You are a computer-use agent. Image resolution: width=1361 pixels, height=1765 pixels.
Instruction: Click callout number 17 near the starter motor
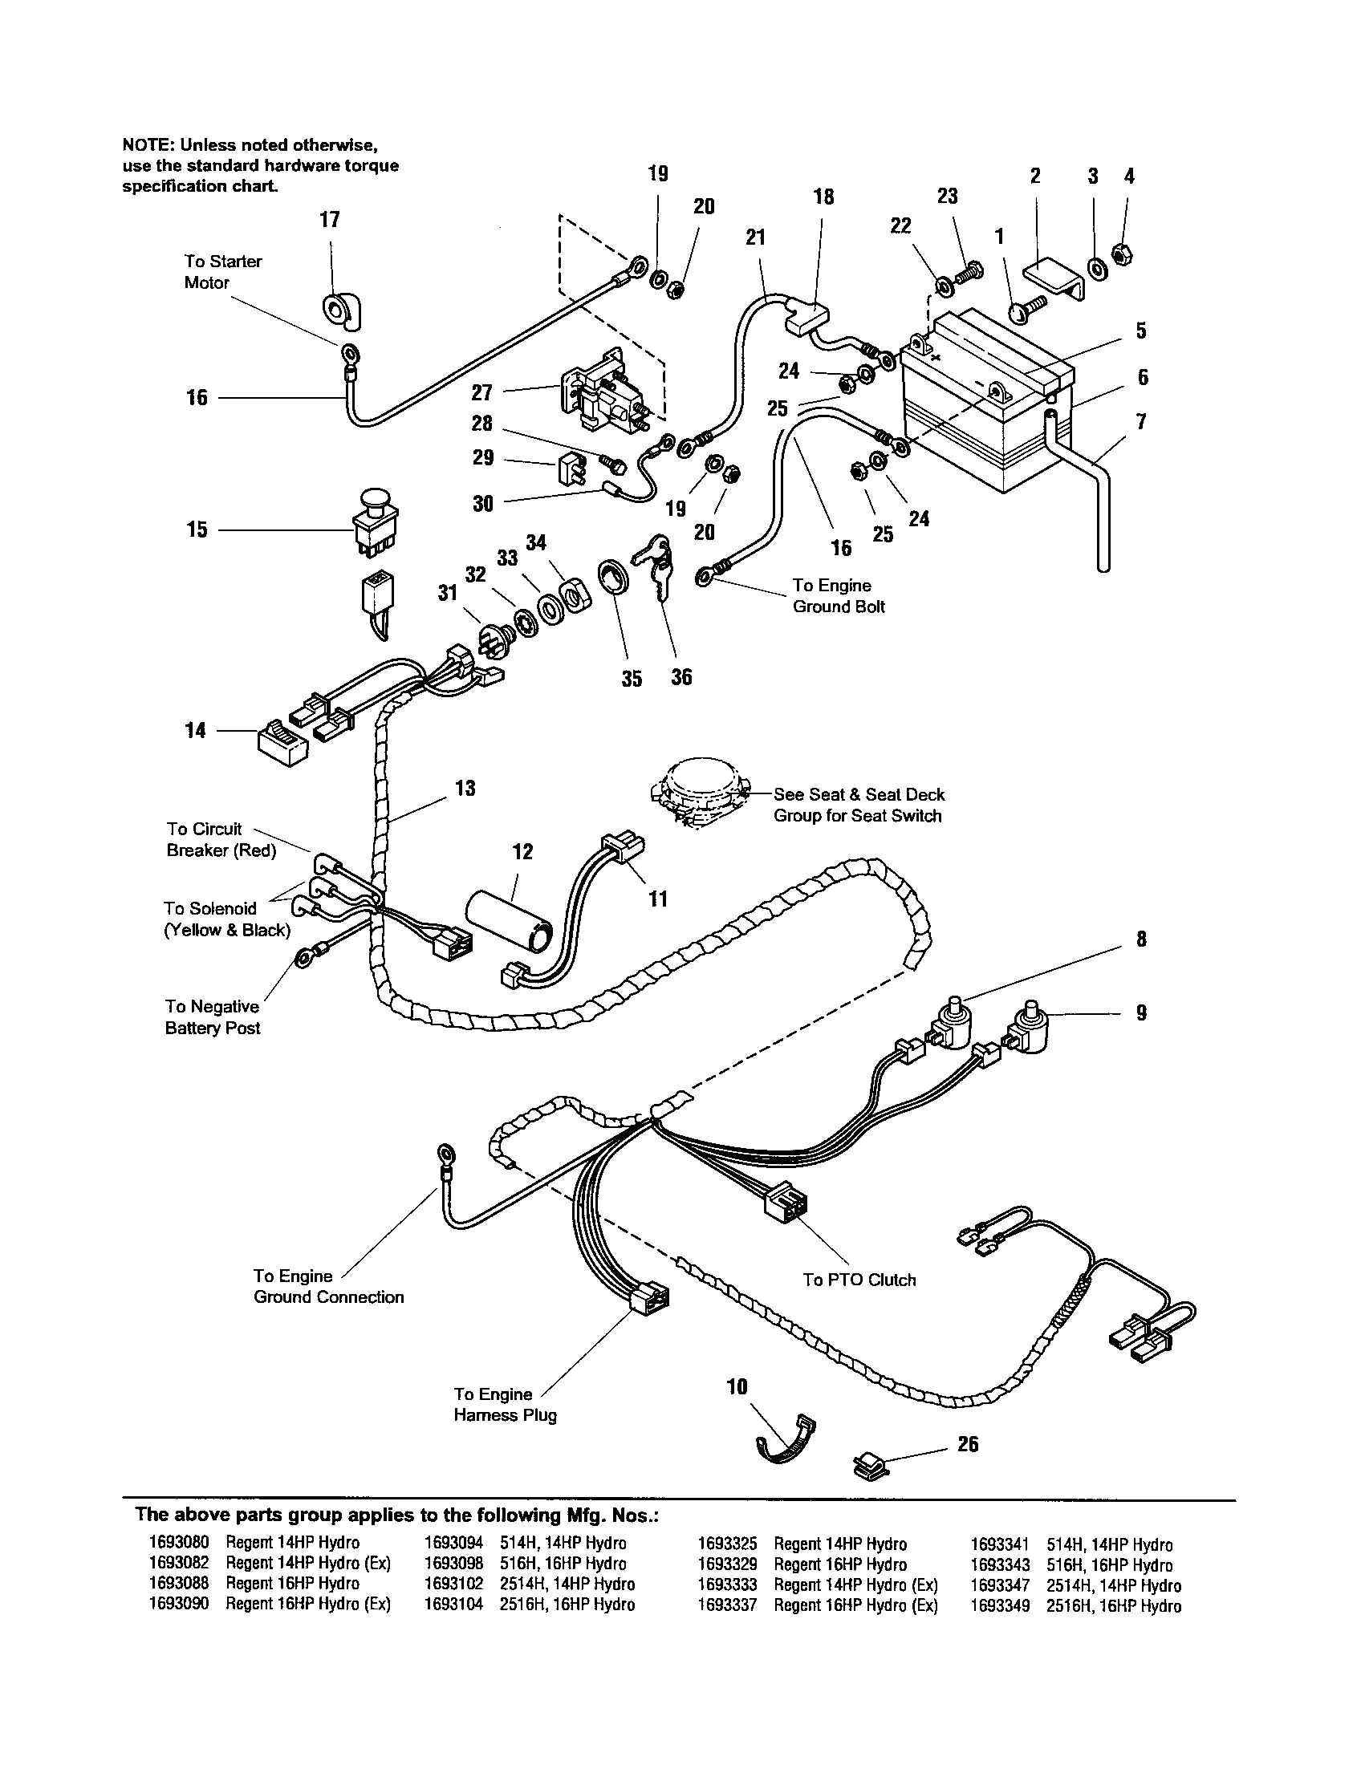(329, 219)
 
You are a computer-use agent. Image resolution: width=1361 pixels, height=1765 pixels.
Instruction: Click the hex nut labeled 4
(1123, 254)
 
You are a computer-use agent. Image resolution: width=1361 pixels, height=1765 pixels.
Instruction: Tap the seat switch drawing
(700, 793)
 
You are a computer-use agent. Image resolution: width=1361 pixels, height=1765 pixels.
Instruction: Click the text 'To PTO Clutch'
(859, 1280)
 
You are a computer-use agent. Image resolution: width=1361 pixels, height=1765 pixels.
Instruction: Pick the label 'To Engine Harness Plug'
(504, 1404)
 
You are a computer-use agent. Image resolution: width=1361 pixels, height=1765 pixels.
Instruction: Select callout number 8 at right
(1140, 939)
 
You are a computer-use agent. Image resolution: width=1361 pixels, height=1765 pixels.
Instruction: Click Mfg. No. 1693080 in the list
(179, 1543)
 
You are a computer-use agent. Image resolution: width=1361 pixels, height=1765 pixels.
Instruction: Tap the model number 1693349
(1000, 1606)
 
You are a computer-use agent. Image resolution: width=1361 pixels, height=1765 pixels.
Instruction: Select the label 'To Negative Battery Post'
(213, 1016)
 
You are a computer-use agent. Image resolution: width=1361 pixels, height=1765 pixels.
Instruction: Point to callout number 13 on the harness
(465, 788)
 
